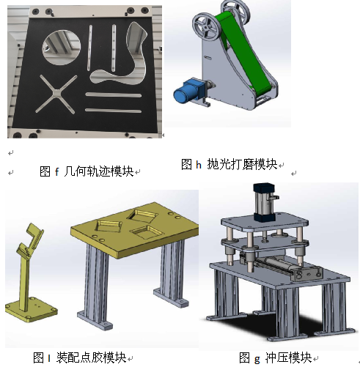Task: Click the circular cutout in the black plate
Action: [x=62, y=48]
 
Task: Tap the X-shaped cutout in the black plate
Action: [x=56, y=94]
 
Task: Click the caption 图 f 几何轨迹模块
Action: [x=87, y=171]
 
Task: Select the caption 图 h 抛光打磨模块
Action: [x=229, y=164]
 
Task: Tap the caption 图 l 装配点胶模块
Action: [x=80, y=358]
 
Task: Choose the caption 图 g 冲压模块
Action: [x=276, y=358]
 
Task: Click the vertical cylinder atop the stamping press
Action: [x=265, y=203]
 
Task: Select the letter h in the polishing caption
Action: [x=199, y=165]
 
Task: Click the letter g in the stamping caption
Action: [x=257, y=360]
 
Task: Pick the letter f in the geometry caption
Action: [x=56, y=171]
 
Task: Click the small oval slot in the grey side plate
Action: [x=208, y=58]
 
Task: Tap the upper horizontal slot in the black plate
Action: [x=114, y=95]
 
